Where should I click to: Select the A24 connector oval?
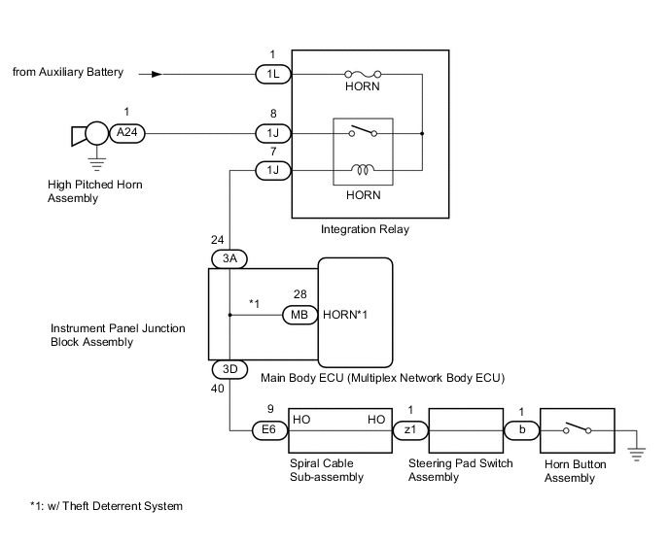point(123,133)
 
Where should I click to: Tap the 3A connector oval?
point(230,258)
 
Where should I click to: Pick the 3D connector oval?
point(230,370)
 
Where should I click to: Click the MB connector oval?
point(298,315)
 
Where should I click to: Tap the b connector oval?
point(521,427)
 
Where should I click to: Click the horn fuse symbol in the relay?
point(363,73)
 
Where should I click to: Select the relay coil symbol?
point(363,170)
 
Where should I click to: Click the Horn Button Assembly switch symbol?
point(578,426)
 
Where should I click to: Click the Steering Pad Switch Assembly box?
point(465,427)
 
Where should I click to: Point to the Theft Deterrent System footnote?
point(106,506)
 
